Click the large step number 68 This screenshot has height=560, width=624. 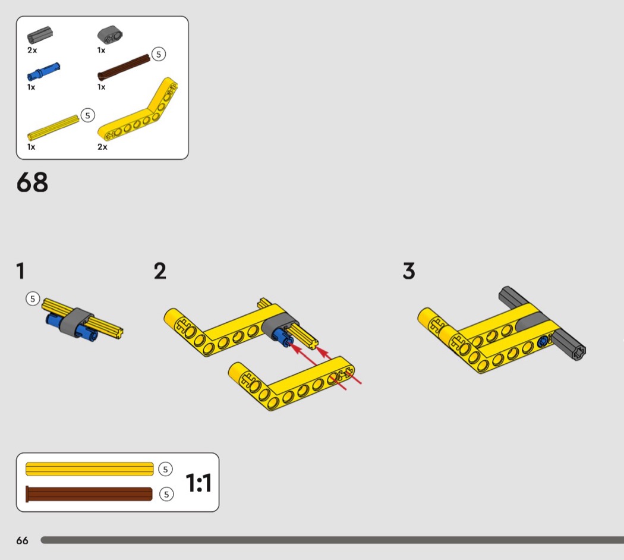(32, 183)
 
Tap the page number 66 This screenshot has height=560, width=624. (23, 540)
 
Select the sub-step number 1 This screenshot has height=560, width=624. (21, 271)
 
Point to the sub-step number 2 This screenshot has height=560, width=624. (160, 271)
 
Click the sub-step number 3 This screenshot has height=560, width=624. (409, 271)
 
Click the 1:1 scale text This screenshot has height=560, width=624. (198, 482)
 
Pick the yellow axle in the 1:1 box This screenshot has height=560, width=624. (90, 469)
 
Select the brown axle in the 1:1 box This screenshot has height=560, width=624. (89, 494)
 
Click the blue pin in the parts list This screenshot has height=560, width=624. (43, 72)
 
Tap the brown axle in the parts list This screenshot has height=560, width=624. (124, 67)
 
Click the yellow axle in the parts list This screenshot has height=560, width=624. (53, 128)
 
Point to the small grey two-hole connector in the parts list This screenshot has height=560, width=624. (110, 35)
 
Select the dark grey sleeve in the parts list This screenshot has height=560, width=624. (40, 35)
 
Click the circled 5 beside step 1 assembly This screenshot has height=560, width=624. (33, 298)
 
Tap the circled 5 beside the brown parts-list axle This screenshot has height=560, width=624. (159, 54)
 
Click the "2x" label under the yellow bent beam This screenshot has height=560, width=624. (102, 147)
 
